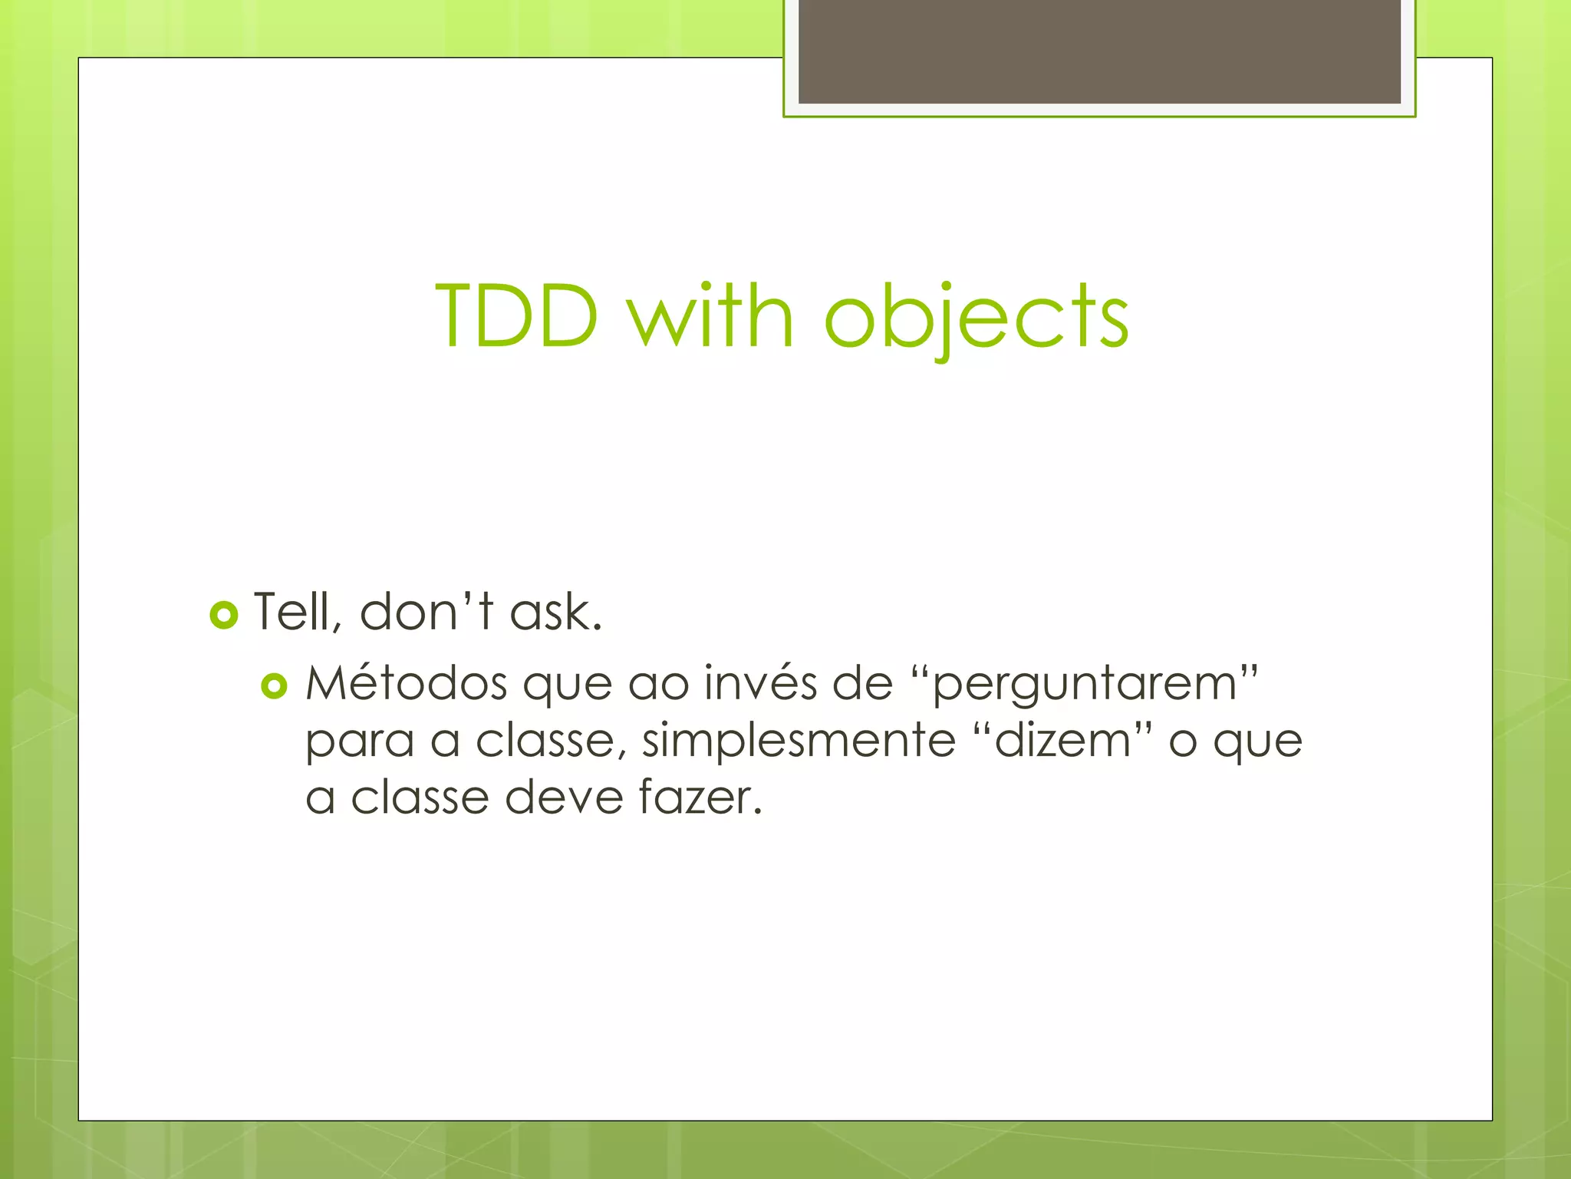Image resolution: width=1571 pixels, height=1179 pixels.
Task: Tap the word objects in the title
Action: point(976,316)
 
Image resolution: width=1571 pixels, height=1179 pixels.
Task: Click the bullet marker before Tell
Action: point(223,615)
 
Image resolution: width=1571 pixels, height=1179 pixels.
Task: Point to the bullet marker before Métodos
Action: point(274,685)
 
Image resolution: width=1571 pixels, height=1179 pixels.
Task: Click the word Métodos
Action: point(406,682)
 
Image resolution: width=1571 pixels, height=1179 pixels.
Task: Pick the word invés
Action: point(760,682)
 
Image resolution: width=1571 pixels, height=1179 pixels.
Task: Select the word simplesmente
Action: point(799,741)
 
